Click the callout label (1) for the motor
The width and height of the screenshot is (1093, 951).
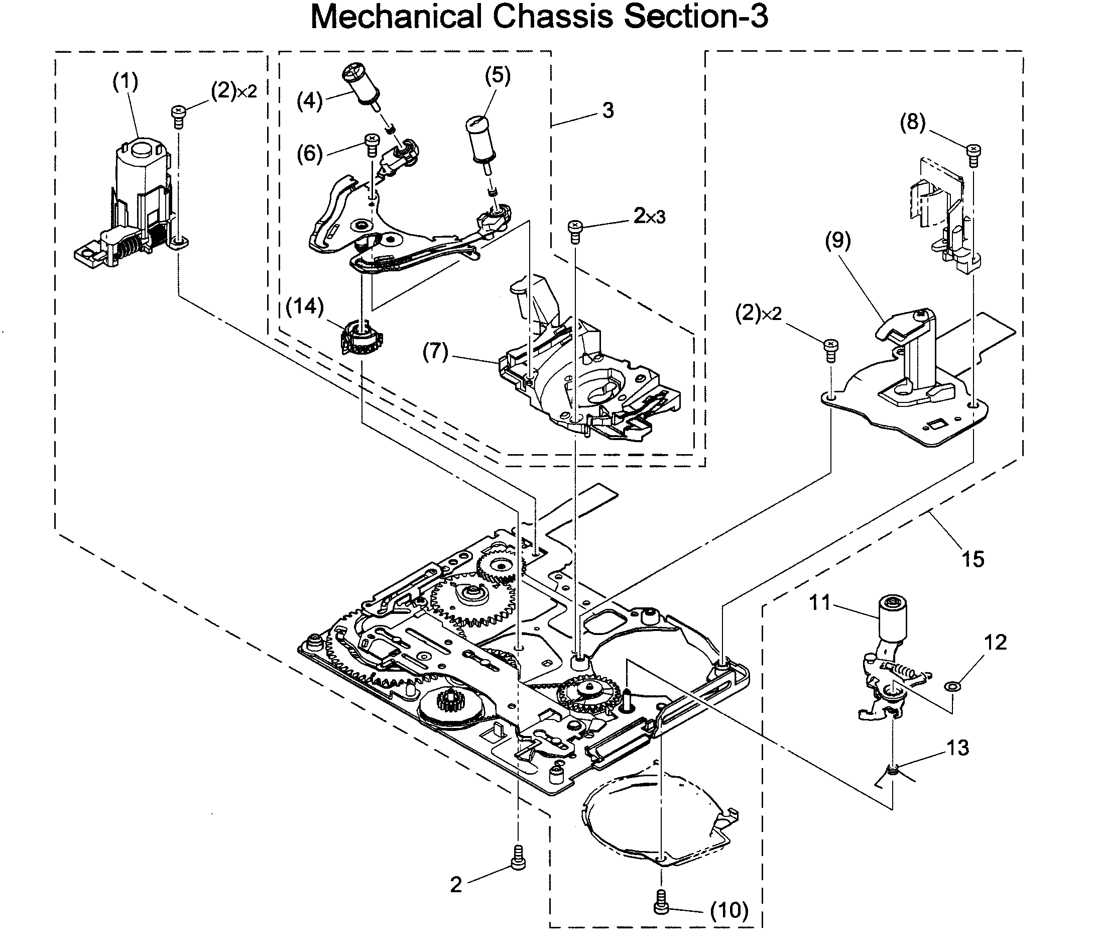coord(126,82)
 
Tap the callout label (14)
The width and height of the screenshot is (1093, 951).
coord(304,307)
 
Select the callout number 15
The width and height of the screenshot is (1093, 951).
coord(973,559)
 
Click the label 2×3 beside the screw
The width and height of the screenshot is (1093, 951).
coord(649,216)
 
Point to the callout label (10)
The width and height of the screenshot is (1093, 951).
coord(729,910)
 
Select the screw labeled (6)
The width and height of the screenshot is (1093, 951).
coord(372,143)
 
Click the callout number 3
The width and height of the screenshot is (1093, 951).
coord(608,111)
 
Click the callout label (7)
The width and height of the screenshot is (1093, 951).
coord(435,352)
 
